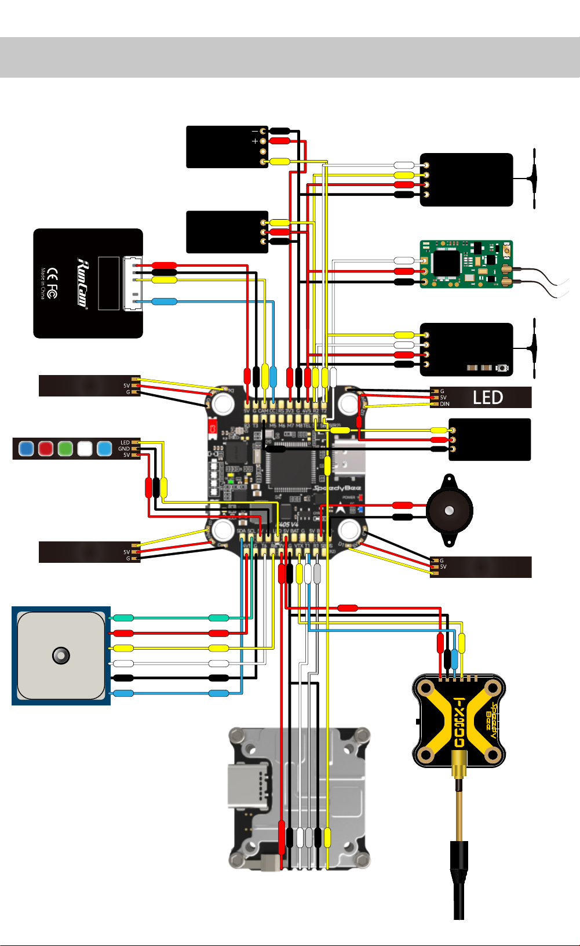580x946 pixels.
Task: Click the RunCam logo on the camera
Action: (x=82, y=284)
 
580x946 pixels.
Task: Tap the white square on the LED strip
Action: (x=85, y=448)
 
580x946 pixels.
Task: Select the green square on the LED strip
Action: (x=65, y=448)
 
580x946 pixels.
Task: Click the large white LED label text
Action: (x=488, y=398)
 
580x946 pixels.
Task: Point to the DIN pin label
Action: (x=444, y=404)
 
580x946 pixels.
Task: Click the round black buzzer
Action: (x=449, y=511)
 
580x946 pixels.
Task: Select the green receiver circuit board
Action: (x=466, y=264)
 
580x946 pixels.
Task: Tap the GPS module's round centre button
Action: (x=61, y=656)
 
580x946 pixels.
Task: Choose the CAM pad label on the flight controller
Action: (x=263, y=411)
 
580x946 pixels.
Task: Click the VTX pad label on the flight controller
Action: (x=299, y=546)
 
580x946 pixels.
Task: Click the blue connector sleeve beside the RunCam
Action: (x=164, y=301)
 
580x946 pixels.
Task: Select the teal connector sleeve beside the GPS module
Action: (x=123, y=618)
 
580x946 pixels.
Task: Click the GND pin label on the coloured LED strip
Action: (x=124, y=449)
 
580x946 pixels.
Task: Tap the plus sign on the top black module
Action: (x=254, y=141)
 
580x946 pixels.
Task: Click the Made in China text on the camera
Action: (x=43, y=283)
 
